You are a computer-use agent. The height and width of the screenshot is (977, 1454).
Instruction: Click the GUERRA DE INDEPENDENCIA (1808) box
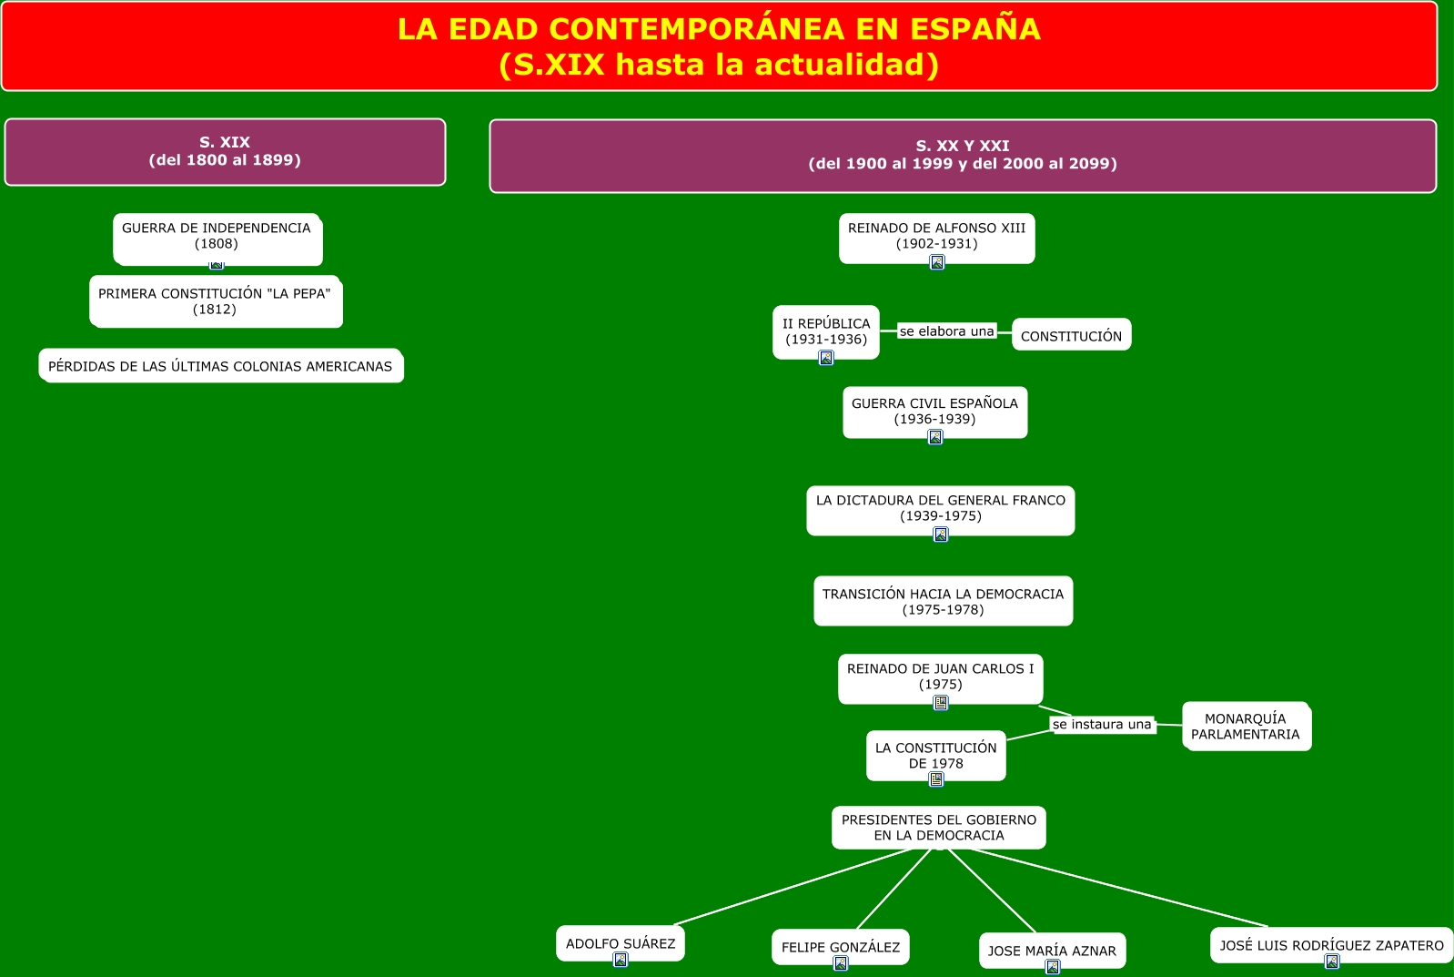tap(217, 237)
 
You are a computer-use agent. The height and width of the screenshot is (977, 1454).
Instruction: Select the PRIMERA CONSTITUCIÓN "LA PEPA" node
tap(215, 301)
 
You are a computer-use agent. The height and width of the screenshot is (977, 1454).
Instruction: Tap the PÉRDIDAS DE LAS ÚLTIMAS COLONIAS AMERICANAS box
tap(220, 366)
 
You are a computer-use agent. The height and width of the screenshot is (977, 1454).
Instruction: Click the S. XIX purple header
tap(225, 151)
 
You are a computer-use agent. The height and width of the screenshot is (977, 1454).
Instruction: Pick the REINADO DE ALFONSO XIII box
tap(936, 236)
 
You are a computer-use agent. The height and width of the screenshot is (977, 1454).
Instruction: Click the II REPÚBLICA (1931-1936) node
tap(826, 331)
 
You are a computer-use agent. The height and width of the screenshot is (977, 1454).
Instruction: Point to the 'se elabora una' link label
tap(946, 331)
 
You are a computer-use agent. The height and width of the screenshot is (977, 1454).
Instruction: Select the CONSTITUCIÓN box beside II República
tap(1071, 335)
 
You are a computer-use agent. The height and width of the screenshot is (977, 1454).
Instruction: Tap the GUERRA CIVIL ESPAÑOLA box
tap(934, 411)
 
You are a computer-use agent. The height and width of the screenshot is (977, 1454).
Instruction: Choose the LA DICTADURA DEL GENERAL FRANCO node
tap(940, 508)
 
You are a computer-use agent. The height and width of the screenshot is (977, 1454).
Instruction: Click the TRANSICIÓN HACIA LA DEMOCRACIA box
tap(943, 601)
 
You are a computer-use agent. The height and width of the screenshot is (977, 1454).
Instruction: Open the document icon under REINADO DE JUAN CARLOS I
tap(941, 703)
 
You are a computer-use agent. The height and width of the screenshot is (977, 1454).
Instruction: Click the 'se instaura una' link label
tap(1102, 725)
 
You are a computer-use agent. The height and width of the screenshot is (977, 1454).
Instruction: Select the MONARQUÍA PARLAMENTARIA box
tap(1246, 726)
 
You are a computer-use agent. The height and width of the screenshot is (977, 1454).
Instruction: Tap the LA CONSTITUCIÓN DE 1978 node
tap(935, 754)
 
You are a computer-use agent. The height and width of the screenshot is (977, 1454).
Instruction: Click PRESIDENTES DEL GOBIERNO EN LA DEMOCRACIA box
tap(938, 827)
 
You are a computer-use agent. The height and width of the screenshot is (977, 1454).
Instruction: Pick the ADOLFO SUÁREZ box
tap(621, 942)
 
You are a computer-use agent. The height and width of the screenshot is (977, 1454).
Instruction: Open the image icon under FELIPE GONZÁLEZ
tap(841, 963)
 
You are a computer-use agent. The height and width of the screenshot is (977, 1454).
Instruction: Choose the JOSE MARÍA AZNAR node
tap(1052, 950)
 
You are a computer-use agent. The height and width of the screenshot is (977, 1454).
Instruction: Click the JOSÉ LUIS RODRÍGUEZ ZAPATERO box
tap(1331, 944)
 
